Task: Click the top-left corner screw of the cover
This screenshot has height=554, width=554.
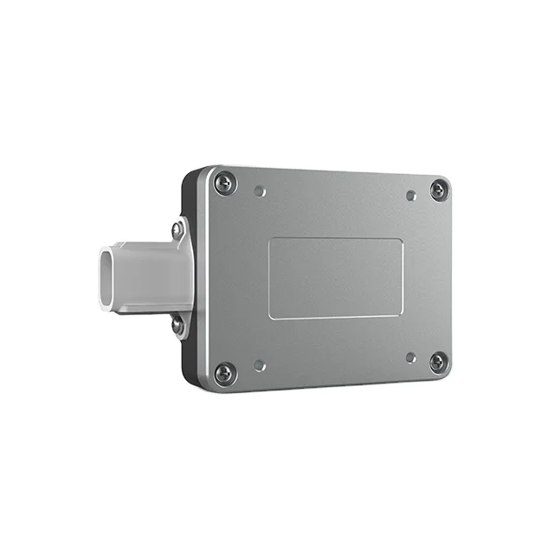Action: [225, 183]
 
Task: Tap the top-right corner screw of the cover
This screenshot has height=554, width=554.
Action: [440, 189]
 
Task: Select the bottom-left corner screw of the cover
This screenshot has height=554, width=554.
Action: [224, 373]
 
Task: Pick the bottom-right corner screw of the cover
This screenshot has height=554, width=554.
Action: [438, 362]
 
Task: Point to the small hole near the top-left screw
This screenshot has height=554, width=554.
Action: [261, 191]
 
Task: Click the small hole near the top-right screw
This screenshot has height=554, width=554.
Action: [411, 196]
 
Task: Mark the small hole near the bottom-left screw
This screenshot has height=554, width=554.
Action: [260, 365]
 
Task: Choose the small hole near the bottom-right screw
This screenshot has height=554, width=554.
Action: [410, 357]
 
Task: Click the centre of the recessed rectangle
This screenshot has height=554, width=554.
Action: [336, 279]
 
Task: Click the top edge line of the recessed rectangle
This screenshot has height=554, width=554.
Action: [336, 240]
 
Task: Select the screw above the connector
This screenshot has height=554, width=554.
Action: [177, 229]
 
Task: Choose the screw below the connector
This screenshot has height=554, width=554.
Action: [177, 325]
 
